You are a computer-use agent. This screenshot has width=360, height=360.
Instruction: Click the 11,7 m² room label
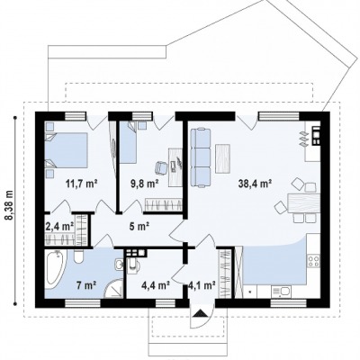click(x=82, y=183)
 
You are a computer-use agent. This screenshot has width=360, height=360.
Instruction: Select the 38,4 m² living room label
click(x=255, y=183)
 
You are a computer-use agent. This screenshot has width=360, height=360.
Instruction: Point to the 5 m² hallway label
click(x=139, y=227)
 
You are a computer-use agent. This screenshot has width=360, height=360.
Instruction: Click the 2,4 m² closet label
click(x=59, y=227)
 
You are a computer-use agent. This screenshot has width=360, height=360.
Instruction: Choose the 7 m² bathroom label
click(x=86, y=285)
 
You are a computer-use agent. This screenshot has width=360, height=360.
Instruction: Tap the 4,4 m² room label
click(x=156, y=285)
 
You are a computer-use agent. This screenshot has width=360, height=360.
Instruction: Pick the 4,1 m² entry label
click(x=202, y=285)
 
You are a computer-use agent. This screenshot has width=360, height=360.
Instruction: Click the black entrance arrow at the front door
click(x=201, y=313)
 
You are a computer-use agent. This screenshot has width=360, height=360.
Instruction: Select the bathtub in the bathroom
click(x=55, y=269)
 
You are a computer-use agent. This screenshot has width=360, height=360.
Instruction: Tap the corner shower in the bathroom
click(x=114, y=289)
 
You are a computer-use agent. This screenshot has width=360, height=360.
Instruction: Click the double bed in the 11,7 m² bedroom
click(x=67, y=150)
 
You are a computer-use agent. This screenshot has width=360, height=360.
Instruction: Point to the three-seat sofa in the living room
click(x=201, y=157)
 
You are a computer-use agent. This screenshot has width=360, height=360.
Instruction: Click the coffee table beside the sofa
click(x=223, y=158)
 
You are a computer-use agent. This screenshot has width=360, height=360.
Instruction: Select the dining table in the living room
click(x=303, y=202)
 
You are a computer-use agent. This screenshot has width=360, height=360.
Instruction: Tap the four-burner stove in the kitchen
click(x=313, y=261)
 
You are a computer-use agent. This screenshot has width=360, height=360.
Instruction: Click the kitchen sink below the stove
click(x=281, y=291)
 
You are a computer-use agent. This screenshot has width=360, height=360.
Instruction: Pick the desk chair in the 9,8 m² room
click(x=162, y=167)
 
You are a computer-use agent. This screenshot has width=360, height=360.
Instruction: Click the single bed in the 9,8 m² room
click(x=129, y=142)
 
